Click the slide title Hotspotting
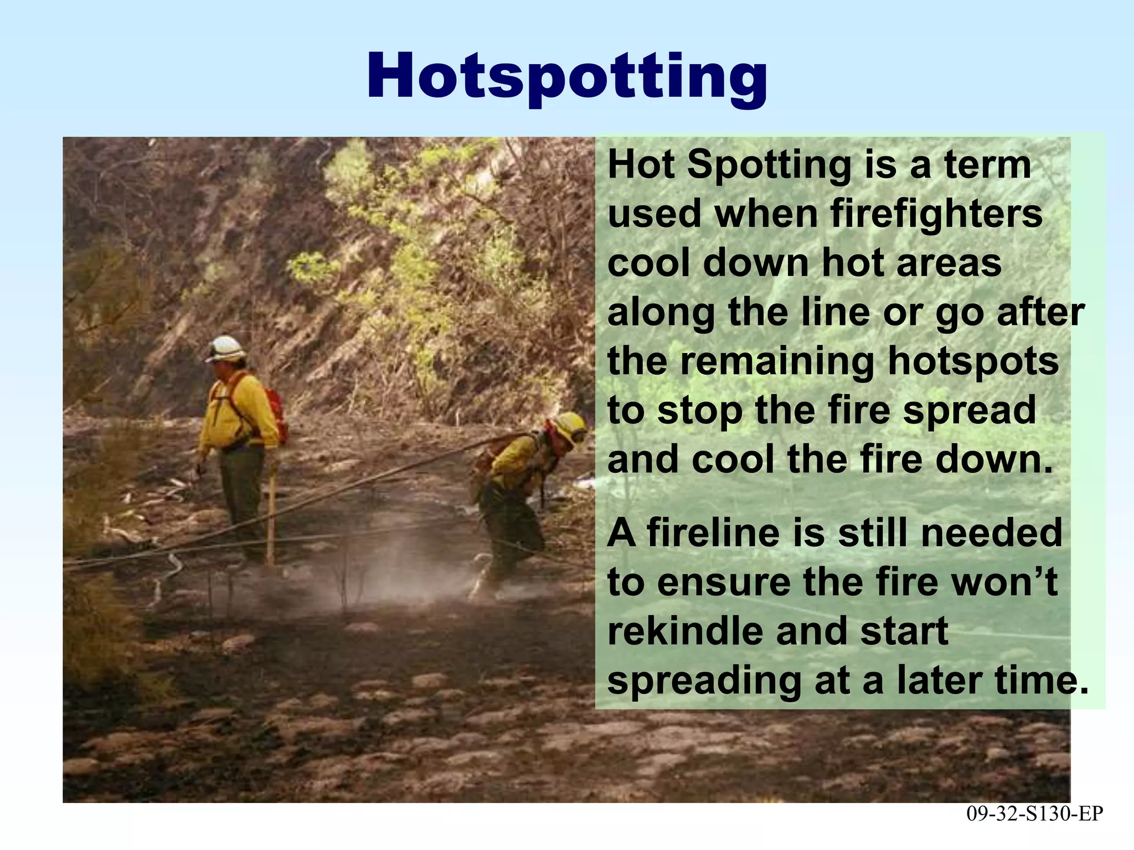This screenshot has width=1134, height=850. (566, 76)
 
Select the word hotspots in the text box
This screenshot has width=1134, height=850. (973, 361)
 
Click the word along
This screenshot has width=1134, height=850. (662, 312)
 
